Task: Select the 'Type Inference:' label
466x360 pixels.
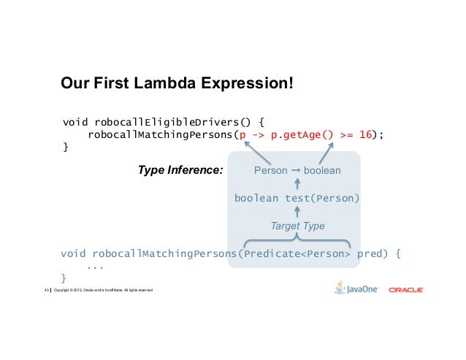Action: [x=180, y=171]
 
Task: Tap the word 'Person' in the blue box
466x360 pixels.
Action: [x=270, y=171]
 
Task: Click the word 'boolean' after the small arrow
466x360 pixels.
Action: [x=321, y=171]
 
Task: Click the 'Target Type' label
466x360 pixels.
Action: [x=297, y=226]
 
